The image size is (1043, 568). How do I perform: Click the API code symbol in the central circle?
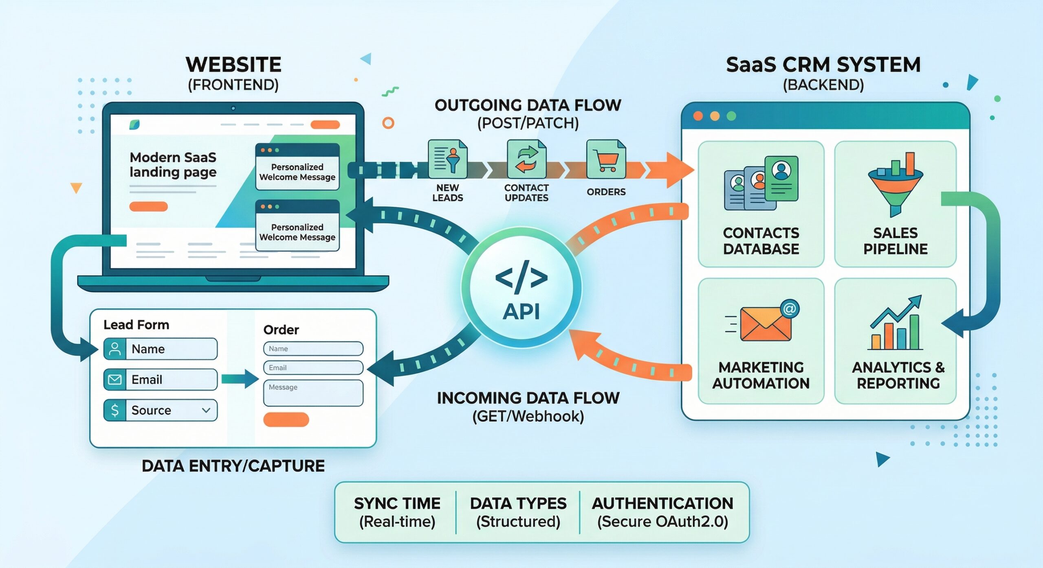click(x=521, y=277)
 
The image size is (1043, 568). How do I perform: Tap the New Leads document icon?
click(x=447, y=159)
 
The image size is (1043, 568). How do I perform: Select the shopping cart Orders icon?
click(x=606, y=159)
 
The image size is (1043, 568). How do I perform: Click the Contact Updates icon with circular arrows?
click(x=526, y=159)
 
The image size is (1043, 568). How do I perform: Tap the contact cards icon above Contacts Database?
click(x=761, y=183)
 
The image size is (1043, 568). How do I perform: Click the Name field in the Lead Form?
click(x=171, y=349)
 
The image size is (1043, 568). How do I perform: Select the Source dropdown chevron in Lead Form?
click(x=206, y=410)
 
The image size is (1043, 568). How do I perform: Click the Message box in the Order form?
click(x=313, y=393)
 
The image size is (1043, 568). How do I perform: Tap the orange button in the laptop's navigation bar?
click(x=325, y=125)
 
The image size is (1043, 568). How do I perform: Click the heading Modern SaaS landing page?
click(x=173, y=165)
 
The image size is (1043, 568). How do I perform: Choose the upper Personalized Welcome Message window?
click(x=297, y=167)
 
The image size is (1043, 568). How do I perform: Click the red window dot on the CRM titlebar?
click(x=698, y=116)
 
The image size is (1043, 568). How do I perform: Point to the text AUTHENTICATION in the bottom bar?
click(x=662, y=504)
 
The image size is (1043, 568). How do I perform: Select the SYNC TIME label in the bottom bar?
click(x=397, y=504)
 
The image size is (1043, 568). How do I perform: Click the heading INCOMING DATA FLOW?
click(x=528, y=398)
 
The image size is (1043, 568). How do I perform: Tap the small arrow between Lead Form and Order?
click(x=240, y=379)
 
